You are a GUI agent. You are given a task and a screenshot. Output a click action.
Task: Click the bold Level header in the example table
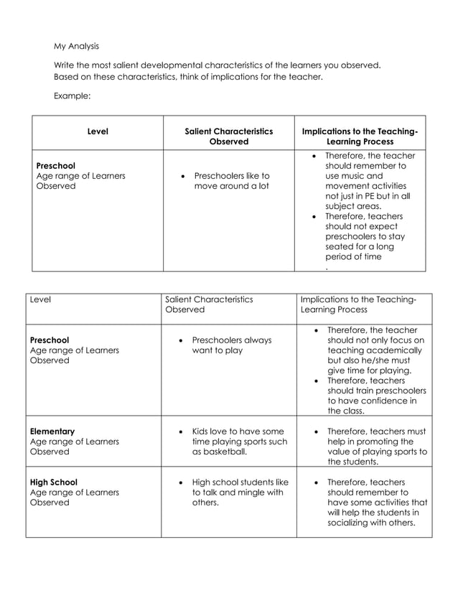98,132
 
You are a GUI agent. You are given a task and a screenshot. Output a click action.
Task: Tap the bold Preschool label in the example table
55,165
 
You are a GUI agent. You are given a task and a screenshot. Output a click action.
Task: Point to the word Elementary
52,431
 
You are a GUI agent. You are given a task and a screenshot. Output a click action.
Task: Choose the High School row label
54,482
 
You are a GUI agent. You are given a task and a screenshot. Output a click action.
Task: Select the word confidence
378,401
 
